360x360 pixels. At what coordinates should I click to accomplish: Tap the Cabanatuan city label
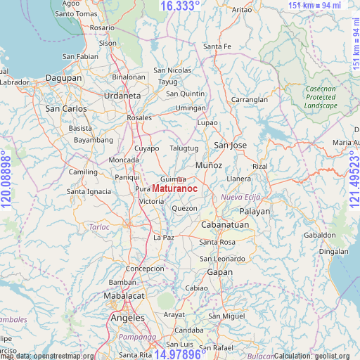coord(225,225)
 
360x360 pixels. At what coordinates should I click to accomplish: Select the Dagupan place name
coord(64,78)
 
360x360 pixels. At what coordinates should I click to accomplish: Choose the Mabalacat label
coord(124,296)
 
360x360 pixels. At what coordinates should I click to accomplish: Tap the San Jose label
coord(231,146)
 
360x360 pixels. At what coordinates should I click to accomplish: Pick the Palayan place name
coord(255,211)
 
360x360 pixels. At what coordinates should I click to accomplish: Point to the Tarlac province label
coord(99,227)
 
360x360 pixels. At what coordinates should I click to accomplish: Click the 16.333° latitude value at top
coord(179,6)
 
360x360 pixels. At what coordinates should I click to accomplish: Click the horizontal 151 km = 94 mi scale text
coord(315,6)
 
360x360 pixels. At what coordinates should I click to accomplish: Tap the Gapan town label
coord(219,272)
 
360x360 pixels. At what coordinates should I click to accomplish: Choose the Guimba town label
coord(172,179)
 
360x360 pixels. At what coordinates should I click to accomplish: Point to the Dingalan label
coord(333,251)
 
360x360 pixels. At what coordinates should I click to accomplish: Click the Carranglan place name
coord(250,100)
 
